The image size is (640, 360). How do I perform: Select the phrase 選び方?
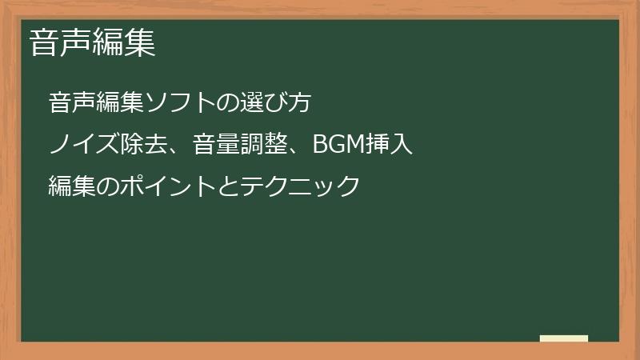pyautogui.click(x=276, y=103)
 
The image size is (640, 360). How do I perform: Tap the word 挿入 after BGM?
pyautogui.click(x=390, y=145)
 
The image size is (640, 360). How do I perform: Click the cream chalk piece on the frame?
pyautogui.click(x=564, y=339)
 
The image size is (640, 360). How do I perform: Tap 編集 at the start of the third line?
pyautogui.click(x=70, y=186)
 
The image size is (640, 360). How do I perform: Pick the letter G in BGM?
pyautogui.click(x=337, y=145)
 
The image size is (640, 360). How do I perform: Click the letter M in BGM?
pyautogui.click(x=355, y=145)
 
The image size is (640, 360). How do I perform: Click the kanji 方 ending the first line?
pyautogui.click(x=298, y=103)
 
